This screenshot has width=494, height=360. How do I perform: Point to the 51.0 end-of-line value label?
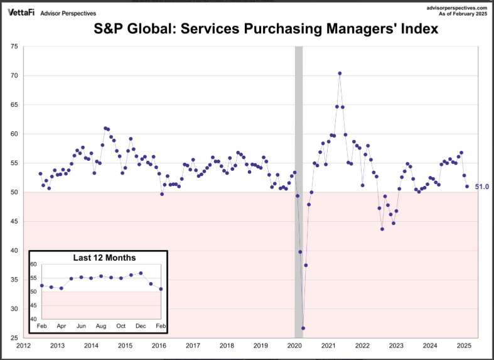point(481,187)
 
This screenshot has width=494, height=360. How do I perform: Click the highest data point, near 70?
point(340,74)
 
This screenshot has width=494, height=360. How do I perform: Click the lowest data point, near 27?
point(303,328)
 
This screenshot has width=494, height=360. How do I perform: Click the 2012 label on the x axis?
point(23,346)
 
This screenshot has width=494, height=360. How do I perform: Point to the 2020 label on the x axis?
point(294,346)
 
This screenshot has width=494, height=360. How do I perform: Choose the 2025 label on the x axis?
point(464,346)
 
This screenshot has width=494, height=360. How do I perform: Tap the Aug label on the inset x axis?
point(101,326)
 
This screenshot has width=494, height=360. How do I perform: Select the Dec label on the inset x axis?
point(141,326)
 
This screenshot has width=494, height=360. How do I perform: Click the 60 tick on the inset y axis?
point(33,265)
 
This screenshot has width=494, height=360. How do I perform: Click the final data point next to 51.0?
point(466,187)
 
